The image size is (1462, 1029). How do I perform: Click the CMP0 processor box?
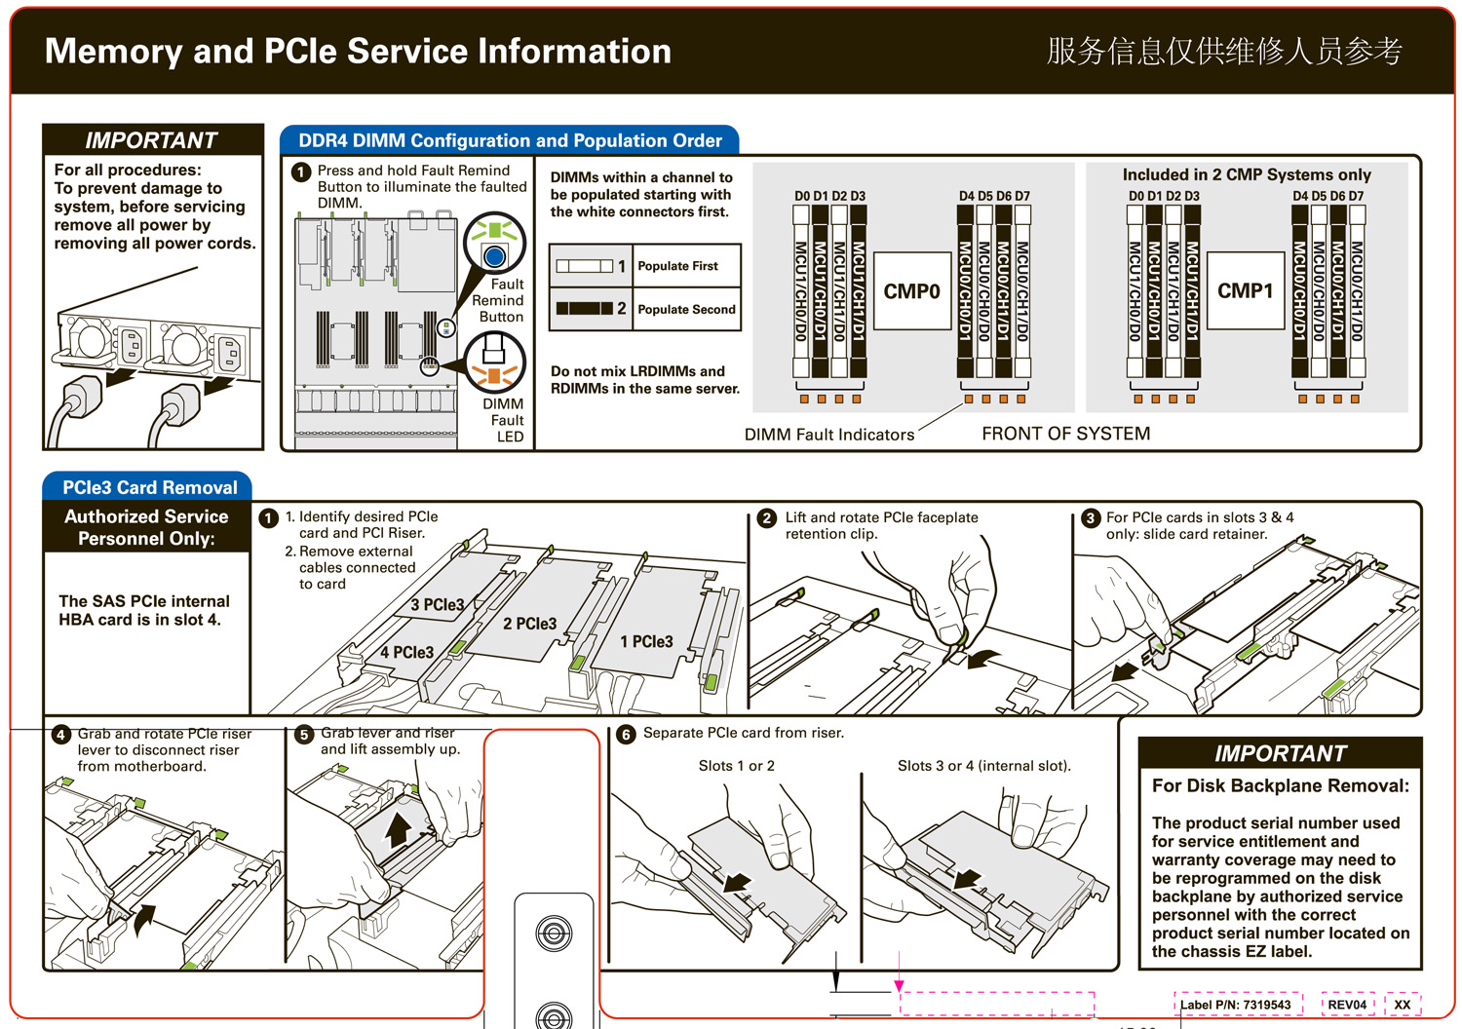911,291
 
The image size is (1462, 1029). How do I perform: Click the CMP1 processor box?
1245,290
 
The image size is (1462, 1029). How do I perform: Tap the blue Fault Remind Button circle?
494,256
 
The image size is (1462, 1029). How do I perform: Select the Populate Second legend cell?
686,309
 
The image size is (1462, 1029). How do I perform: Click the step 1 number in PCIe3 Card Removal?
269,518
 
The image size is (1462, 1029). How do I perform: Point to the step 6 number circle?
626,735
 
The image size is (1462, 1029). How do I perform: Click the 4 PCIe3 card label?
406,653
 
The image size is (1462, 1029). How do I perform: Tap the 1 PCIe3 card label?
646,642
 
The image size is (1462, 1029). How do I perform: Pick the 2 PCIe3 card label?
529,624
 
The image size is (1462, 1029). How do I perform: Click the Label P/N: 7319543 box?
1236,1005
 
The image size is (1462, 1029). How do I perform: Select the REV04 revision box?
1347,1005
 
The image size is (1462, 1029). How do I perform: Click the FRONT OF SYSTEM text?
1065,434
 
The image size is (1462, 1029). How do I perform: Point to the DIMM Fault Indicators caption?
829,435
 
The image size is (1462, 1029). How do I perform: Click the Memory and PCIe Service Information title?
358,51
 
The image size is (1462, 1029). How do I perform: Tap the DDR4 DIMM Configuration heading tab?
510,140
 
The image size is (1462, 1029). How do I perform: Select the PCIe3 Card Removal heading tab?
149,487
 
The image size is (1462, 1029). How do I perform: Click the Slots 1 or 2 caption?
736,766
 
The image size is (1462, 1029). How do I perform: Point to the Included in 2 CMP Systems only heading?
1247,174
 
